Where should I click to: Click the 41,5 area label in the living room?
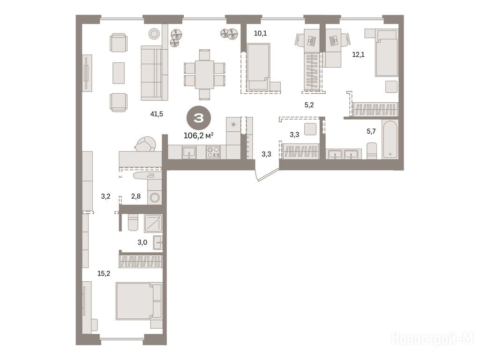coord(157,114)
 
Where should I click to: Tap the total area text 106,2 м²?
coord(198,135)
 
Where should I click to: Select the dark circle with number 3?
coord(199,118)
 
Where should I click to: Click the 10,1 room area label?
coord(260,33)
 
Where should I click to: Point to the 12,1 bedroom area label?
coord(358,55)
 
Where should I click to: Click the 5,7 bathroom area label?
coord(371,131)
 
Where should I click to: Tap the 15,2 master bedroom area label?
coord(104,273)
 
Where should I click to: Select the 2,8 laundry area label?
coord(136,196)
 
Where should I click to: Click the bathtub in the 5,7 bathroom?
coord(390,140)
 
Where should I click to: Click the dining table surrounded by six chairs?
coord(204,75)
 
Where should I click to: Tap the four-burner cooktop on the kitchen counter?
coord(213,152)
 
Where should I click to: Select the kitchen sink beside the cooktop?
coord(189,152)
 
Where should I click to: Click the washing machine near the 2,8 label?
coord(155,197)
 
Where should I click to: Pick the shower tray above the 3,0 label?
coord(153,223)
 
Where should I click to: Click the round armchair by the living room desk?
coord(145,144)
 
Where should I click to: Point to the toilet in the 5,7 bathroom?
coord(372,151)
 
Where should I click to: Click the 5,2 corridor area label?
coord(309,105)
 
